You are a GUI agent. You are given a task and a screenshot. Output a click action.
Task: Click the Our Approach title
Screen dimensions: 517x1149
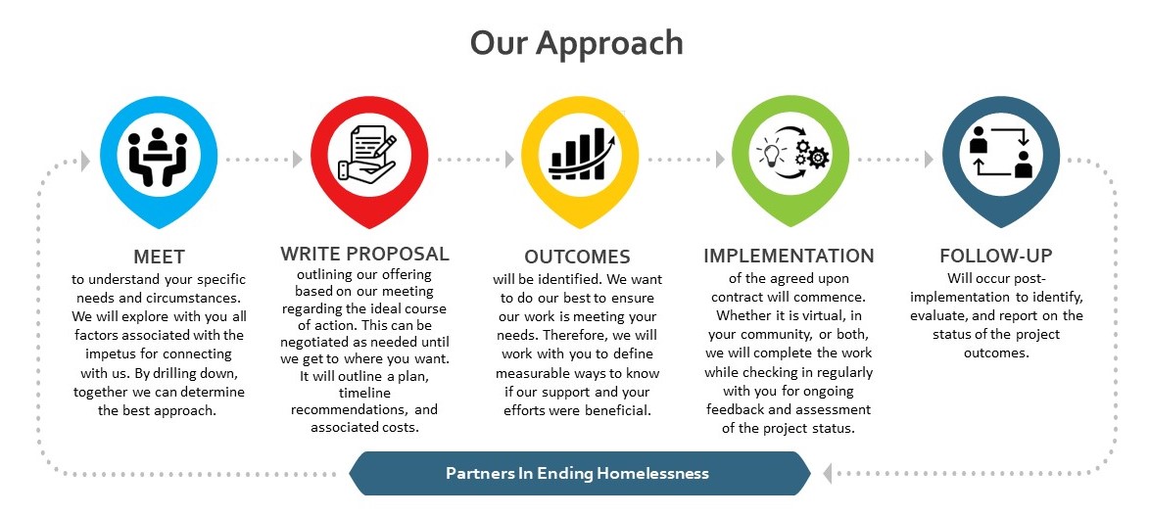click(x=576, y=43)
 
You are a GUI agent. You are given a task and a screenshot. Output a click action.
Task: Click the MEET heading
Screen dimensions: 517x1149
click(x=158, y=258)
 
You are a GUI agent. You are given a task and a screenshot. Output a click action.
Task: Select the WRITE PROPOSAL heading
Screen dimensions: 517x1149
click(x=364, y=255)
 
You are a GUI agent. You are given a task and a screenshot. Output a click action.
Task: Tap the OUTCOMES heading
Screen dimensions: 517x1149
click(x=577, y=258)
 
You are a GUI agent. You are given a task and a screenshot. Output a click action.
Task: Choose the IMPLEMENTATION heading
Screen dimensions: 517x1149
click(x=789, y=257)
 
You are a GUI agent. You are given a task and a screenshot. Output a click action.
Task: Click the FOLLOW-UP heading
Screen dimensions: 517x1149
click(x=995, y=257)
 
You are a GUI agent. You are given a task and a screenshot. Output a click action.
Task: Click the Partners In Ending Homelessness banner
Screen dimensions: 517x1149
click(x=577, y=473)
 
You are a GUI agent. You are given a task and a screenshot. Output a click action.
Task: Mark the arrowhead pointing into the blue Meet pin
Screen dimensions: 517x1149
click(x=87, y=159)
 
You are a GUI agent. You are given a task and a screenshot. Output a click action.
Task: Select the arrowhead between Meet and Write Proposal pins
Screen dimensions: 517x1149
click(x=298, y=159)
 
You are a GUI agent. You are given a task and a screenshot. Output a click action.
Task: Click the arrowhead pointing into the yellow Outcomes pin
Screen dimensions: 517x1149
click(x=509, y=159)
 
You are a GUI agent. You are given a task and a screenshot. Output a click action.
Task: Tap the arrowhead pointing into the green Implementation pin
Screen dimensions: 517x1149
click(x=721, y=159)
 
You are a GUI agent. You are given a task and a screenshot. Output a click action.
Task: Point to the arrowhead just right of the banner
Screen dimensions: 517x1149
click(x=829, y=474)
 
